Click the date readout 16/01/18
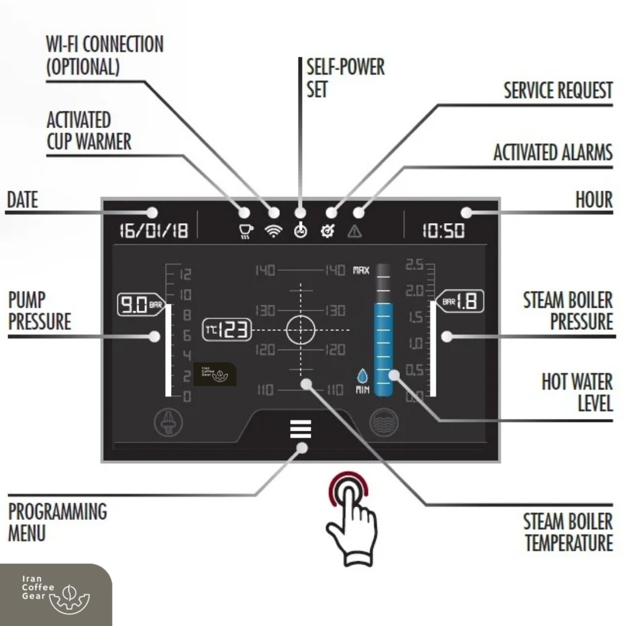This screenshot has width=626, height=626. point(154,231)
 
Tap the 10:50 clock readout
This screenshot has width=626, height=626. point(443,231)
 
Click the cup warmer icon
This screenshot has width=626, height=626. point(246,231)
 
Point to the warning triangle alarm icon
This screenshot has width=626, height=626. point(355,231)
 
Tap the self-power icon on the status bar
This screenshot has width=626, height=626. point(301,231)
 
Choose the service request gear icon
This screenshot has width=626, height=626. point(327,231)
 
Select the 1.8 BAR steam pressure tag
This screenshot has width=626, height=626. point(460,301)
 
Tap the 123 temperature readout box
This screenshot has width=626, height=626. point(227,330)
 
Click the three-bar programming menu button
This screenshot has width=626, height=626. point(301,429)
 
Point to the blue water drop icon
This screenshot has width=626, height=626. point(362,376)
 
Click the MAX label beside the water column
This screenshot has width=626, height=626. point(361,270)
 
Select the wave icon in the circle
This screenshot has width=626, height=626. point(384,422)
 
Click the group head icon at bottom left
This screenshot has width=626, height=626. point(169,422)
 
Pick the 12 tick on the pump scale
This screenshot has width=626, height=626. point(185,274)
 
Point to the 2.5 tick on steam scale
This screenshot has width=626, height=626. point(414,265)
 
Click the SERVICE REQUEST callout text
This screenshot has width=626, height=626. point(558,90)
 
